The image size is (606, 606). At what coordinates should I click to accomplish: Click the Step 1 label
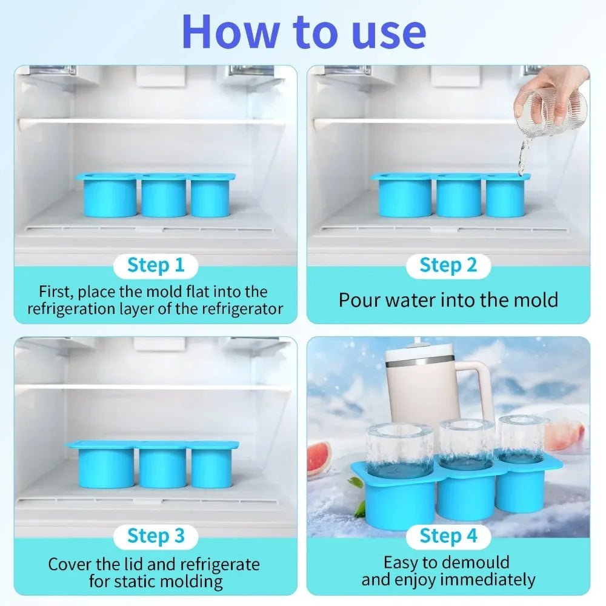point(156,265)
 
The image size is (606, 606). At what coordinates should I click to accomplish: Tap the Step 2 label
point(448,265)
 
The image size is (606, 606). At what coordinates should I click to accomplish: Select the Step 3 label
point(156,536)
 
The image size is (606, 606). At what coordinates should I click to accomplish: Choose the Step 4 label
point(448,536)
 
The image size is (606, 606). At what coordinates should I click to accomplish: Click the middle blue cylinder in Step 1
point(164,197)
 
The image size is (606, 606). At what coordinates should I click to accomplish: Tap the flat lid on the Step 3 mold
point(151,445)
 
